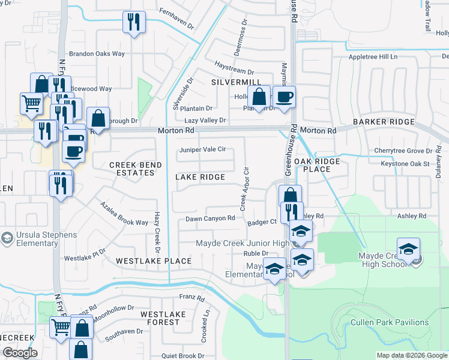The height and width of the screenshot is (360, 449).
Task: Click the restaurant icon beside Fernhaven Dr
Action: coord(134,22)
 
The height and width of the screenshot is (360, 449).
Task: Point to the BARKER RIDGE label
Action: coord(384,122)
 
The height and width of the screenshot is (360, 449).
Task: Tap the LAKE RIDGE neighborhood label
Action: coord(200,177)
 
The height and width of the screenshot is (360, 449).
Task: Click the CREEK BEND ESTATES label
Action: coord(131,169)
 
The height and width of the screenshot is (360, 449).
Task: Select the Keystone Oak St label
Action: coord(405,163)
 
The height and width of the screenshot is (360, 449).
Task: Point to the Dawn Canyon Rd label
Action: coord(209,218)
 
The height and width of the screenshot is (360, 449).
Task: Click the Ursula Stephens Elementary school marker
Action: coord(7,238)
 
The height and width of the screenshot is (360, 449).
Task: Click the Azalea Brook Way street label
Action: coord(124,214)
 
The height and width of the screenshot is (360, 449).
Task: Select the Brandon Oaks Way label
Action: coord(97,53)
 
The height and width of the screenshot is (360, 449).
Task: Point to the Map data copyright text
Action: coord(412,355)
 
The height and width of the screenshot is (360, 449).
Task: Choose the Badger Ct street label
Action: coord(261,223)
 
